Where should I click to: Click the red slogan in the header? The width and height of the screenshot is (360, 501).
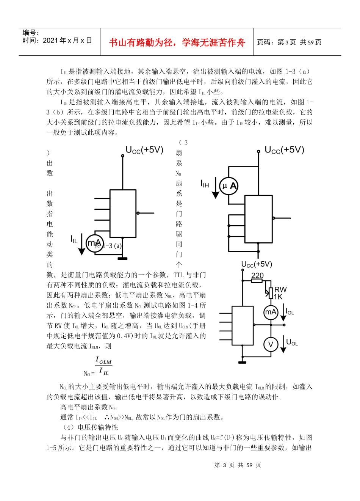click(x=177, y=42)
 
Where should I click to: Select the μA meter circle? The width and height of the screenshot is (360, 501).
click(x=229, y=186)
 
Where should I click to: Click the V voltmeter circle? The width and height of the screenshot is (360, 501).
click(x=271, y=344)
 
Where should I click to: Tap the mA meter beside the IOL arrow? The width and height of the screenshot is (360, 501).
click(x=271, y=312)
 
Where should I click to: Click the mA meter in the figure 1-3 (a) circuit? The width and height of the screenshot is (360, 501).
click(x=94, y=243)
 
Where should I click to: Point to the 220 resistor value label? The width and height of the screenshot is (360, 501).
click(x=257, y=276)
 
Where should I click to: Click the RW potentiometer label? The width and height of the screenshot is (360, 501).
click(x=280, y=290)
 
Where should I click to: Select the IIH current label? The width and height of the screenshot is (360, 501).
click(x=205, y=184)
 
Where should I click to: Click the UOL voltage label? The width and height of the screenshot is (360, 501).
click(x=292, y=342)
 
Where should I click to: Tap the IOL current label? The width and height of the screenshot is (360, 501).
click(x=290, y=312)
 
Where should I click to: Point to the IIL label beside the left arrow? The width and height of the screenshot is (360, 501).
click(x=74, y=239)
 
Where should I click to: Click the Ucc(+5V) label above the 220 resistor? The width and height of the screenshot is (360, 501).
click(x=257, y=264)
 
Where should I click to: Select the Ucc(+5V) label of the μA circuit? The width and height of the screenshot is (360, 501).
click(x=284, y=150)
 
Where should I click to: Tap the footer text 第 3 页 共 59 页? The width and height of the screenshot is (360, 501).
click(x=238, y=465)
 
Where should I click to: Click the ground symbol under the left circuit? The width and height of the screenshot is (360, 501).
click(x=122, y=259)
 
